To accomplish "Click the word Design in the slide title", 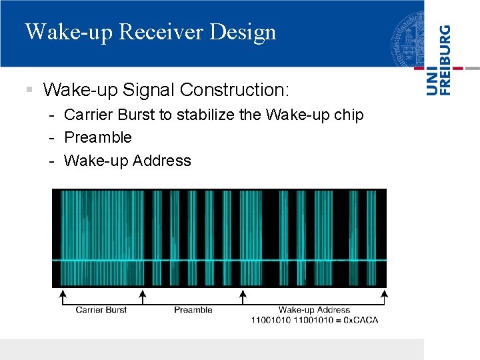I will (246, 33).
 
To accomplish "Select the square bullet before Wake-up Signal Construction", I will (29, 89).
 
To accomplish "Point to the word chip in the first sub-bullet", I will (349, 115).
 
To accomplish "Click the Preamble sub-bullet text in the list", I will (98, 137).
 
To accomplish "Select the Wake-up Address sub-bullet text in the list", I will (127, 161).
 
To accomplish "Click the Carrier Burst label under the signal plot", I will (101, 309).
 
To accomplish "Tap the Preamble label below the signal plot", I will (193, 309).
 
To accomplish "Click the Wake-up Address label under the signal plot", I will (314, 309).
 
